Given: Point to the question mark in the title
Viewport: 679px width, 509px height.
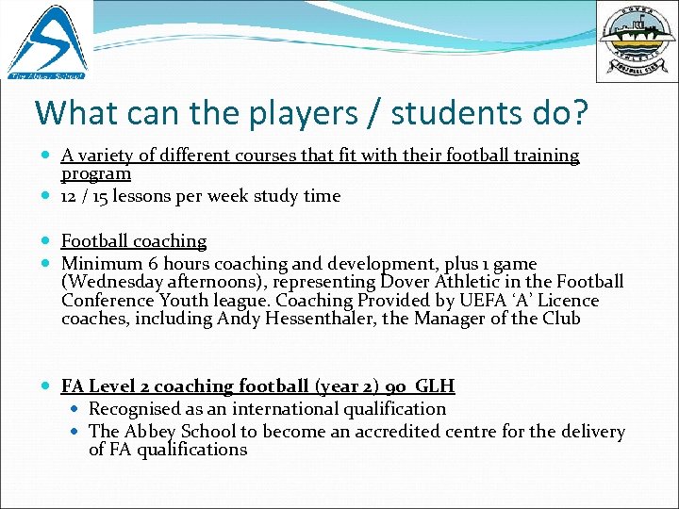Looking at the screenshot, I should pos(576,113).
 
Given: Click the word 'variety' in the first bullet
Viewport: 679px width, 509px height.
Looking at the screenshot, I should pos(107,156).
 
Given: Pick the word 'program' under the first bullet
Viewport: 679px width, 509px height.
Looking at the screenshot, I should pos(95,173).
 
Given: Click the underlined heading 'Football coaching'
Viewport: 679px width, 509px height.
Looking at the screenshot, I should pos(134,241).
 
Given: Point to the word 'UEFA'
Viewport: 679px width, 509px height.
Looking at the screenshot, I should pos(484,301).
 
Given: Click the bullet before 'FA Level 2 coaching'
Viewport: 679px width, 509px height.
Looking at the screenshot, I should pos(48,386).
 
